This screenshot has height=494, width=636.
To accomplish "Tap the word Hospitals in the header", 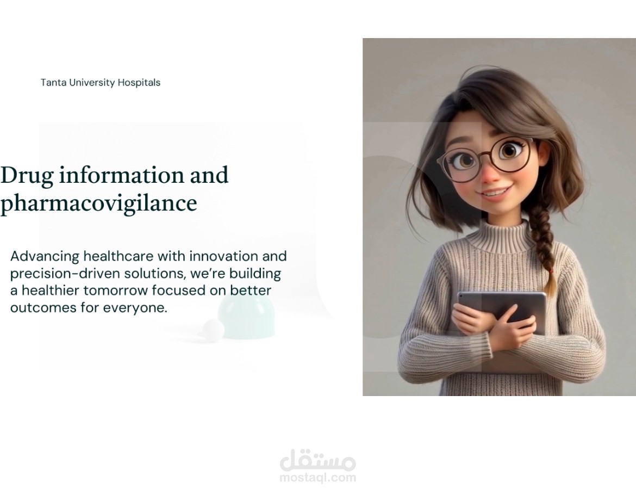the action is point(139,83).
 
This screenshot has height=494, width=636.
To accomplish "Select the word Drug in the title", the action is point(27,176).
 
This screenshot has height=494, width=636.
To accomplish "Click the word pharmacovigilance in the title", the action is point(98,203).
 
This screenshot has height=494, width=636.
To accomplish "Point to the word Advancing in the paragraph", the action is point(45,257).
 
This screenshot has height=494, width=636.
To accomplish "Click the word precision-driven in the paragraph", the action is point(65,274).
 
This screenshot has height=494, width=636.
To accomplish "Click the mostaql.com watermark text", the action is point(317,477).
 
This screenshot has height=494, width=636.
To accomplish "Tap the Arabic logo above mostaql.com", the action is point(317,460).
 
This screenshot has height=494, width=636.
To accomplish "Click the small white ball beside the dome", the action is point(213,329).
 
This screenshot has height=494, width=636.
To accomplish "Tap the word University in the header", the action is point(92,83).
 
